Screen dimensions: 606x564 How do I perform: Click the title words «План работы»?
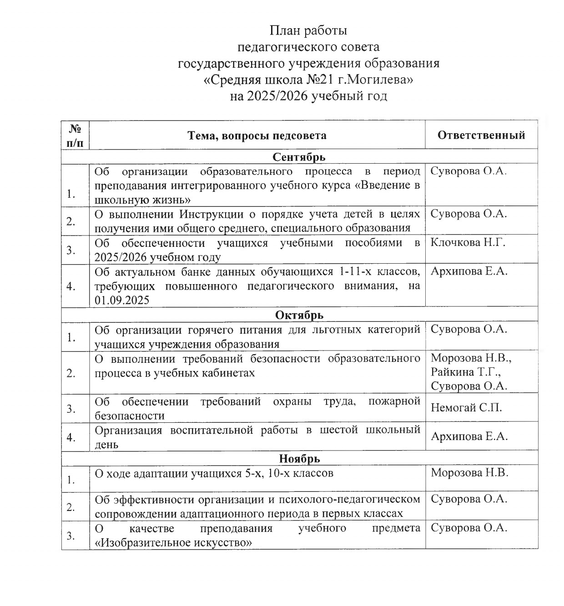click(308, 30)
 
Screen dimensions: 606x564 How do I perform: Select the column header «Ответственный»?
click(481, 135)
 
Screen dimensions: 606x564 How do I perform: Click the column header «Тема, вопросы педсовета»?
click(257, 135)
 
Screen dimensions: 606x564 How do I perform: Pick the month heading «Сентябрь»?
click(299, 157)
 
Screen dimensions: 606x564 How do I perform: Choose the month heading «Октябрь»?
click(299, 315)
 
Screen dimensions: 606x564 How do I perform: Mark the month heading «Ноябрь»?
click(299, 458)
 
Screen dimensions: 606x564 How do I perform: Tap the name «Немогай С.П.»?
click(466, 407)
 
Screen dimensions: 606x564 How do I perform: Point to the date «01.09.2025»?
click(122, 300)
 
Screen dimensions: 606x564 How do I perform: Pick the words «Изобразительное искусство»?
click(173, 542)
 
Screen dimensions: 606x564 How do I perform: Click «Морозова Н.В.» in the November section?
click(469, 472)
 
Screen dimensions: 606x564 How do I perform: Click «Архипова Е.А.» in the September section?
click(469, 271)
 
